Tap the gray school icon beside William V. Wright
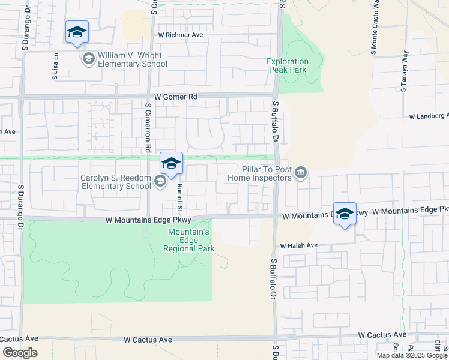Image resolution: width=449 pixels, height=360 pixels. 88,58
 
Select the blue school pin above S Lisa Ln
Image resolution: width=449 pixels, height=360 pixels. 77,32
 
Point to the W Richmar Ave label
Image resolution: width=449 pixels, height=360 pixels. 181,35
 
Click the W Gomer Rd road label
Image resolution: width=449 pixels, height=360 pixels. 175,96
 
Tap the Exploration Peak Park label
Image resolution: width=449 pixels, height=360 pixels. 288,65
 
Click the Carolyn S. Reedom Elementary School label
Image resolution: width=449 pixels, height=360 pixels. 116,181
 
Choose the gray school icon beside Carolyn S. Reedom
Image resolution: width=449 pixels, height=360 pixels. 160,181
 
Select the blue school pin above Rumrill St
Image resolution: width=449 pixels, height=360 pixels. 171,163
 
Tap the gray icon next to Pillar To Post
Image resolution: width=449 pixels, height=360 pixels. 301,174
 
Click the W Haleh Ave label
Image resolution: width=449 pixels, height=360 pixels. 298,245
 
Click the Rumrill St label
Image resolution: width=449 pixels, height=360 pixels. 179,196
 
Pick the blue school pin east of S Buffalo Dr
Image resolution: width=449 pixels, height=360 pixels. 345,214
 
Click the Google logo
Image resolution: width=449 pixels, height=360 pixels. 19,352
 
